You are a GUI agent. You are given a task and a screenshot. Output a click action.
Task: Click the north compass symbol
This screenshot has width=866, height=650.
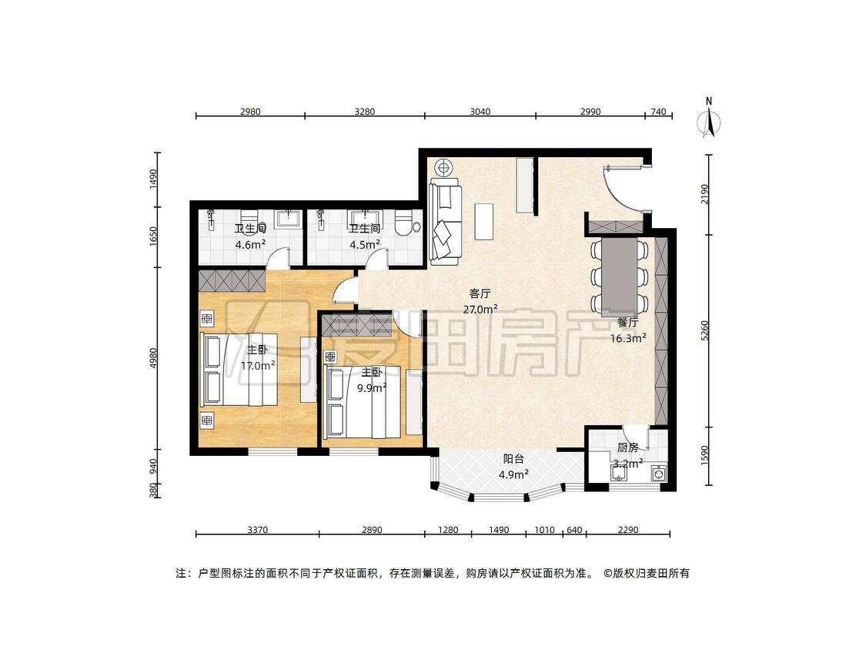[x=709, y=119]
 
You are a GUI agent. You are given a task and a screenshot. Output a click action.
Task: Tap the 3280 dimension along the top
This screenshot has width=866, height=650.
[x=365, y=112]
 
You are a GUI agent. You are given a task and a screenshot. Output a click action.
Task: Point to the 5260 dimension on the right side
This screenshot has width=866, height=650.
[x=704, y=330]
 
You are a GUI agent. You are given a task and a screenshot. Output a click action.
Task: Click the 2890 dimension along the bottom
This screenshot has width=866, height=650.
[x=372, y=530]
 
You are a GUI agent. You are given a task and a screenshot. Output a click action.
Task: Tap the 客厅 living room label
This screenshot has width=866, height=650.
[x=480, y=293]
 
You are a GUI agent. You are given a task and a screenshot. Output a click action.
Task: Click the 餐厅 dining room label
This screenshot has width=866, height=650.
[x=628, y=322]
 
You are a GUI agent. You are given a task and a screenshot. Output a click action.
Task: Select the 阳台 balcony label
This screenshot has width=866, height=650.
[x=513, y=459]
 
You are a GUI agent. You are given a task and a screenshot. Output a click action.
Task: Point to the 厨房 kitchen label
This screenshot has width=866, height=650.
[x=628, y=447]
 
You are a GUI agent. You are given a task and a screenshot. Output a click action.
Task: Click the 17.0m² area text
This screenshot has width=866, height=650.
[x=258, y=365]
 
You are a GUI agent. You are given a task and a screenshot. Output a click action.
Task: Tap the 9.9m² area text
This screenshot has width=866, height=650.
[x=372, y=388]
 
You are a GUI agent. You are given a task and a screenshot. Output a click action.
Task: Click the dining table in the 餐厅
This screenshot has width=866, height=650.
[x=619, y=272]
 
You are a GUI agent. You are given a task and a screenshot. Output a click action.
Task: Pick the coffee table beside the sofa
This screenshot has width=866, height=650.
[x=484, y=222]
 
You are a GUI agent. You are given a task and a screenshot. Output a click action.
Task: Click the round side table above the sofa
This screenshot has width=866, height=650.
[x=443, y=166]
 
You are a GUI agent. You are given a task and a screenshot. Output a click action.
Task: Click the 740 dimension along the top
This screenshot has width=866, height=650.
[x=658, y=112]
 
